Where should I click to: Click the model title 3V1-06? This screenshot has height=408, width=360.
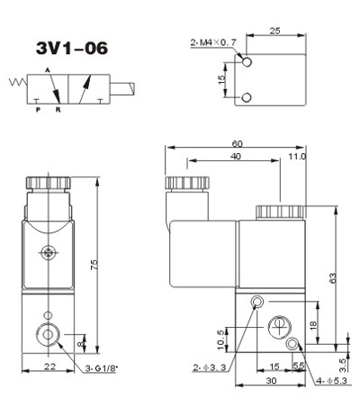click(x=72, y=48)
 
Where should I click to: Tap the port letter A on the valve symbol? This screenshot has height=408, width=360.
click(x=47, y=70)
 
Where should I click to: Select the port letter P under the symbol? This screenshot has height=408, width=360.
click(x=38, y=110)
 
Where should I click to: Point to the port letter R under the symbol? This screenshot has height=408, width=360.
click(x=58, y=110)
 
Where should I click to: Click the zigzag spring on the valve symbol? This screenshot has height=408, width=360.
click(x=18, y=82)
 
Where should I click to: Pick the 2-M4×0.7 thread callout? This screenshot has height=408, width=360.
click(x=213, y=42)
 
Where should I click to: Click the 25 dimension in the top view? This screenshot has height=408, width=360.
click(x=274, y=31)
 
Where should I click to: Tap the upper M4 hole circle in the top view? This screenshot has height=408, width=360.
click(x=247, y=62)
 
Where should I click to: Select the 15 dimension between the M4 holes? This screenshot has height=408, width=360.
click(x=221, y=79)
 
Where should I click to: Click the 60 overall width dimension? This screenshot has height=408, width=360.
click(x=237, y=144)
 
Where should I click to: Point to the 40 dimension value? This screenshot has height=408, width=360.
click(x=237, y=157)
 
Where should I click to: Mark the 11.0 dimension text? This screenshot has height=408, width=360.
click(x=297, y=157)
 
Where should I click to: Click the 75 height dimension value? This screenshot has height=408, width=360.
click(x=94, y=264)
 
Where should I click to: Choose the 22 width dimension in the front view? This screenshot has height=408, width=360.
click(x=50, y=367)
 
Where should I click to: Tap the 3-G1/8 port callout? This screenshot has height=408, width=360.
click(x=101, y=368)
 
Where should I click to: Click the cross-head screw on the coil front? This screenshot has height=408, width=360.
click(x=48, y=253)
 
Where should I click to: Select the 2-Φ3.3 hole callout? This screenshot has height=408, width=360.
click(x=210, y=367)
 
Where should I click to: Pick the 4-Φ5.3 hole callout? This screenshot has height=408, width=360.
click(x=332, y=381)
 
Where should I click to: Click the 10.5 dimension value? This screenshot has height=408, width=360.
click(x=221, y=340)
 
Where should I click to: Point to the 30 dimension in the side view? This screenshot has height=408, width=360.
click(x=271, y=381)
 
